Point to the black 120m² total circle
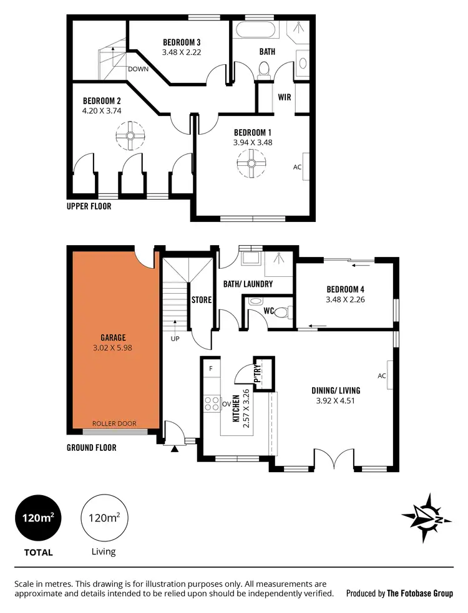(x=38, y=518)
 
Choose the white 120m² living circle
(x=104, y=518)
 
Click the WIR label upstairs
(x=285, y=97)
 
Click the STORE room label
(x=202, y=300)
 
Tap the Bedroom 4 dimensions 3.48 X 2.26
(x=346, y=299)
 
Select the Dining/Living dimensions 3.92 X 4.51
(x=336, y=401)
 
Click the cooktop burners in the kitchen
(x=212, y=403)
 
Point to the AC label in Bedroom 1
(x=298, y=167)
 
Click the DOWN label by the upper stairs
(x=138, y=69)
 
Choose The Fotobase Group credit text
(x=420, y=594)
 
